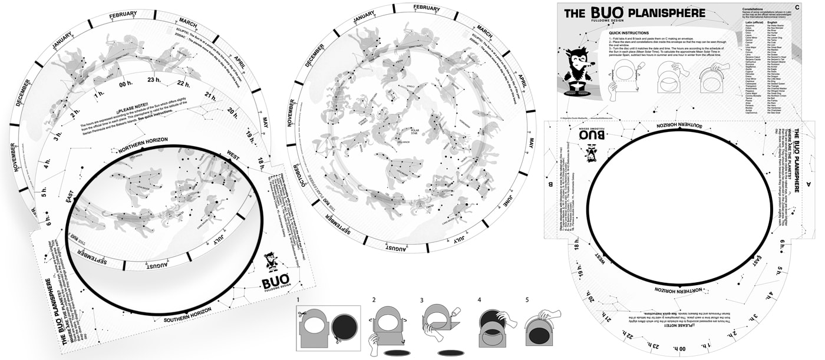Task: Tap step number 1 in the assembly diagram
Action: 299,300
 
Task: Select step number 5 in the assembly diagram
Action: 528,300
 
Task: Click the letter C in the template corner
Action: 797,7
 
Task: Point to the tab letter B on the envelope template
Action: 550,184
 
